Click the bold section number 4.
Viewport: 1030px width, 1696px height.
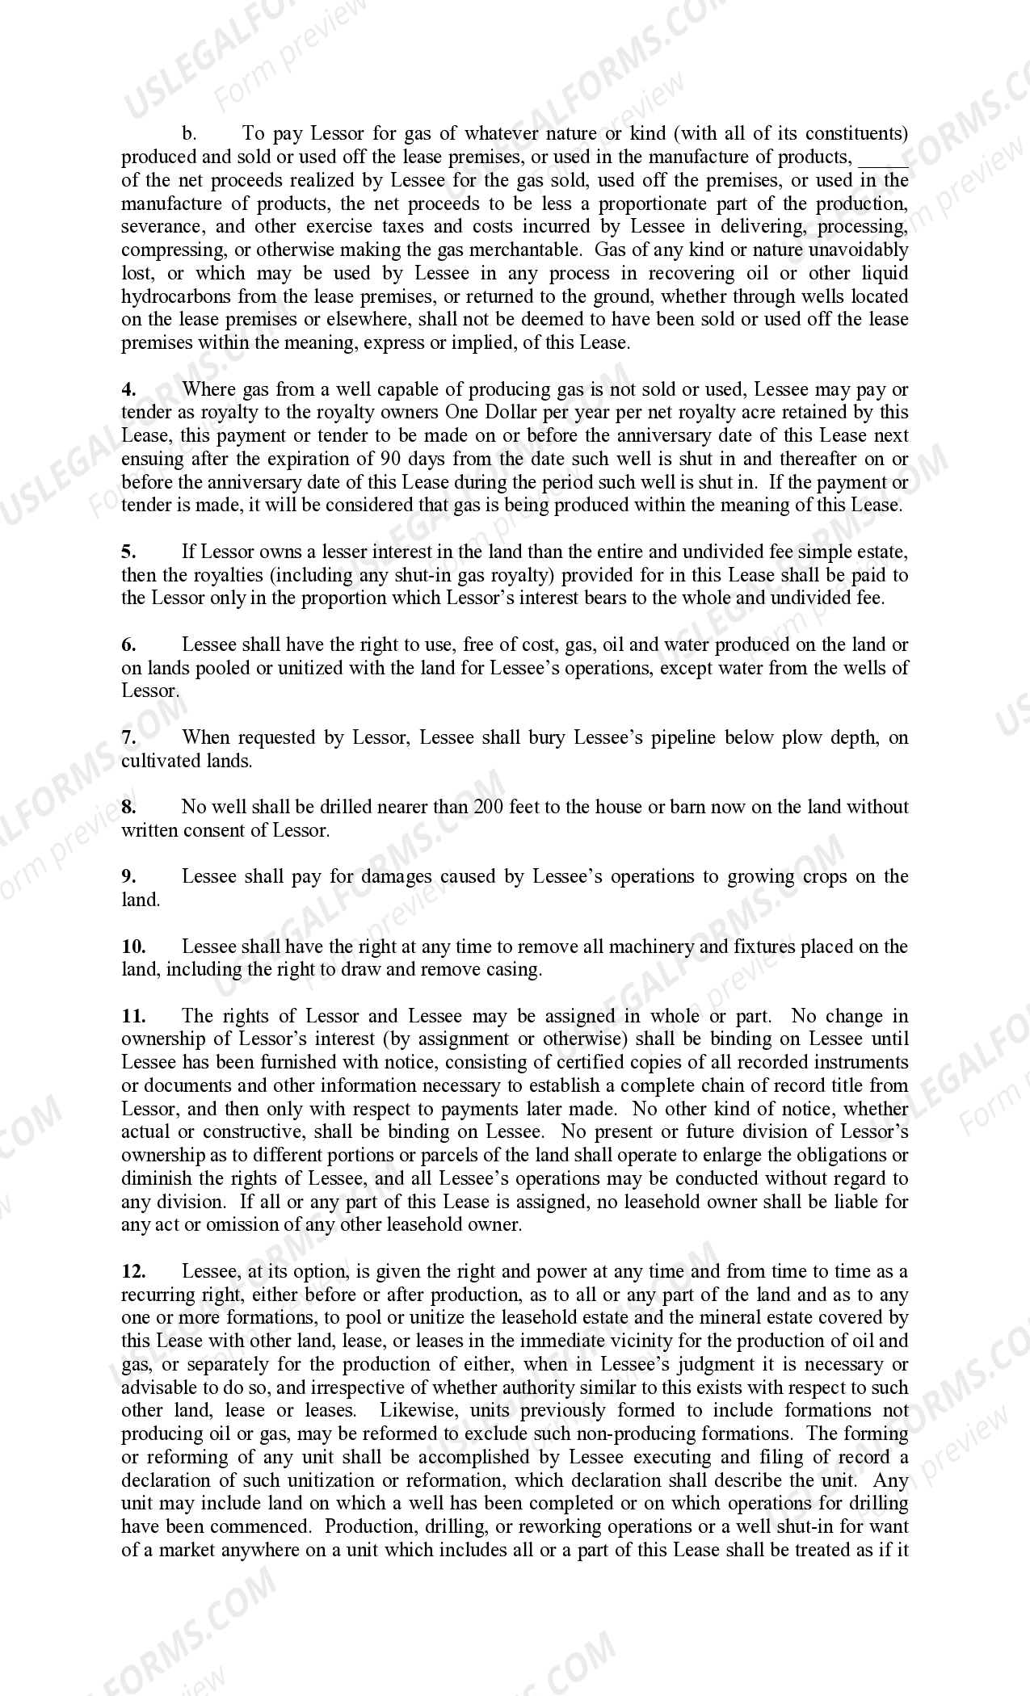click(128, 390)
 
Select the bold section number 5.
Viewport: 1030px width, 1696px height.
click(128, 552)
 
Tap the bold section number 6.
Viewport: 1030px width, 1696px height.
click(128, 645)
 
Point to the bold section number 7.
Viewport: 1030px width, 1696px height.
click(128, 737)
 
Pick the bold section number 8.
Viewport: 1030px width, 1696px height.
click(128, 807)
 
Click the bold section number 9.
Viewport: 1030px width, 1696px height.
click(128, 877)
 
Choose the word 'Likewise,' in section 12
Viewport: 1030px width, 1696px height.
click(417, 1411)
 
